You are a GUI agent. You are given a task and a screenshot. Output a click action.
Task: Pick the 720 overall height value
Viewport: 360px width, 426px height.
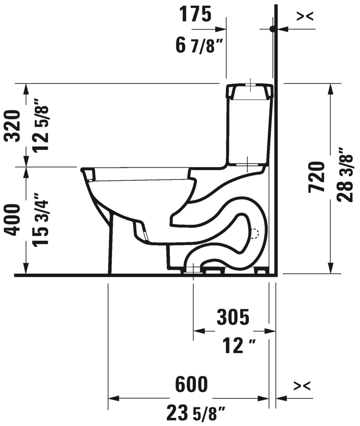[x=317, y=177]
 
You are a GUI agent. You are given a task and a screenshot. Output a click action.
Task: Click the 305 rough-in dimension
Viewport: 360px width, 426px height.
[x=233, y=317]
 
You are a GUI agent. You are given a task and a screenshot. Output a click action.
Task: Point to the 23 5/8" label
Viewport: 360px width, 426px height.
[x=196, y=414]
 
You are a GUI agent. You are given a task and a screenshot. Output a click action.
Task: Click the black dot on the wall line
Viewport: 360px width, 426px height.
[x=272, y=29]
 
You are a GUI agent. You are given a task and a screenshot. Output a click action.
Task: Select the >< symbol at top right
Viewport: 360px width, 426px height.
[x=304, y=16]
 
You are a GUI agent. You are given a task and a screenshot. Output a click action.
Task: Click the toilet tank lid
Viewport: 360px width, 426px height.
[x=250, y=91]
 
